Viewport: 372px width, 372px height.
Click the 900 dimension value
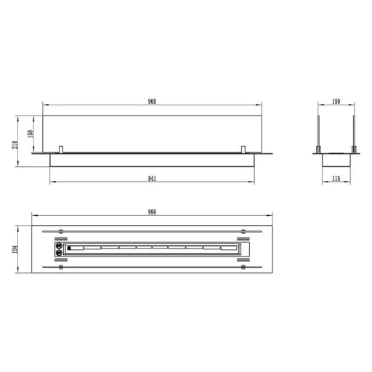(152, 102)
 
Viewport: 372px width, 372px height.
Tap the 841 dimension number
(152, 179)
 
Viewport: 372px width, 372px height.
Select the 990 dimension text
(152, 212)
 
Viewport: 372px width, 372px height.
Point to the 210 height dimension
(15, 145)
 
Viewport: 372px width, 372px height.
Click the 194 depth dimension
(15, 249)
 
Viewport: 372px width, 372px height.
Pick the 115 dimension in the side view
(336, 179)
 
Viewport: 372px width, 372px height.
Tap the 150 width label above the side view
(336, 102)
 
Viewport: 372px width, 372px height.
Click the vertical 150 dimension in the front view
(31, 134)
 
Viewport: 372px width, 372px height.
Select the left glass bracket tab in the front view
(61, 150)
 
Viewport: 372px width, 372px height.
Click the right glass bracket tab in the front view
(243, 150)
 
